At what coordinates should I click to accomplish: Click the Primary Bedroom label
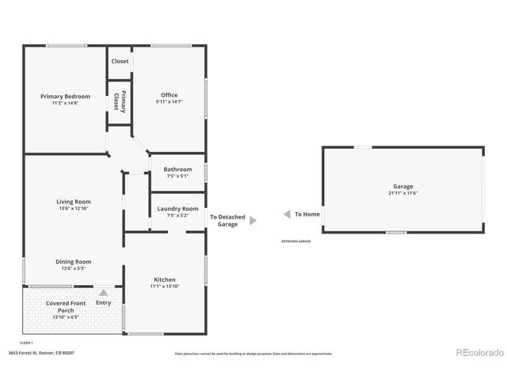click(66, 97)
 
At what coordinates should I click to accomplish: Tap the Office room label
click(168, 97)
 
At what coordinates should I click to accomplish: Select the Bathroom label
click(177, 169)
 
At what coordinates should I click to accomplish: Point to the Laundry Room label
click(177, 209)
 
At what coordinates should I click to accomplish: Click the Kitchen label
click(165, 280)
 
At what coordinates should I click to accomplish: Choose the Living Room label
click(73, 202)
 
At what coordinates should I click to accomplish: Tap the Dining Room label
click(73, 262)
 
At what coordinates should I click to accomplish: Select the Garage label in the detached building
click(403, 187)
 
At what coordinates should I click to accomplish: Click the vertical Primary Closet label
click(119, 101)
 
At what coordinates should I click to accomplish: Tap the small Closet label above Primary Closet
click(120, 61)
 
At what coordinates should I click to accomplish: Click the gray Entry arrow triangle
click(104, 293)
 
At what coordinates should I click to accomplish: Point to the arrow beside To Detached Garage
click(253, 221)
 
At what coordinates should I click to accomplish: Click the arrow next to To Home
click(284, 215)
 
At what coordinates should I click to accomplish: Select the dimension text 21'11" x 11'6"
click(403, 193)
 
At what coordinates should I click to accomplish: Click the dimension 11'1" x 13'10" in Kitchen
click(165, 286)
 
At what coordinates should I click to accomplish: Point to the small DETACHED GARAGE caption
click(295, 241)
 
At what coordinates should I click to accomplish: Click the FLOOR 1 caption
click(26, 341)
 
